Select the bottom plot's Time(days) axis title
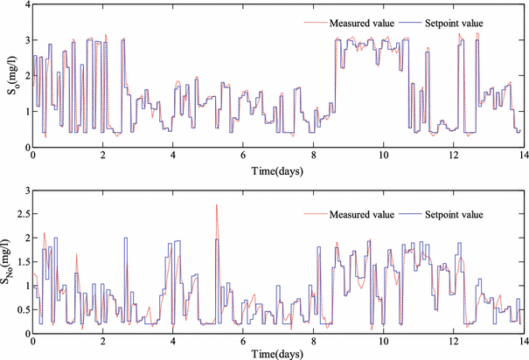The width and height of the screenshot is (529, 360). click(277, 353)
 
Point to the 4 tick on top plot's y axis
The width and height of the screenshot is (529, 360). click(25, 6)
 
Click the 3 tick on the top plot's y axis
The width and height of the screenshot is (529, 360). click(25, 41)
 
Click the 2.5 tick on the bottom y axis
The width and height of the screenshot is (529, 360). click(21, 217)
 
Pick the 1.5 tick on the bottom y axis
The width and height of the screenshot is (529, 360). click(21, 262)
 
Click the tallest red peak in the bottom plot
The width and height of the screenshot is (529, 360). click(216, 205)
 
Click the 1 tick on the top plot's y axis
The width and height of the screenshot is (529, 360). click(25, 112)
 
